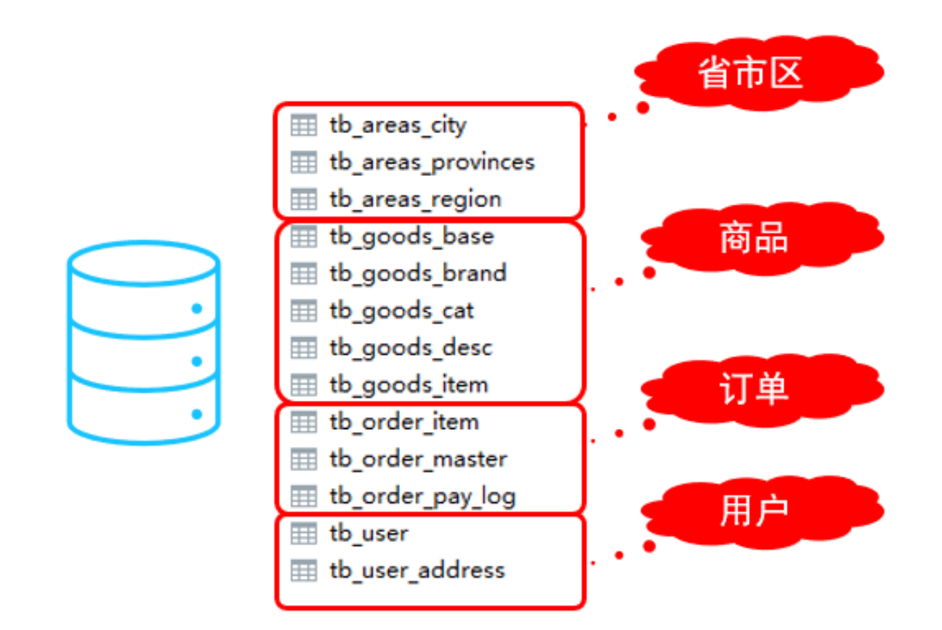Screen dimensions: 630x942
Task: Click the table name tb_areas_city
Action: (398, 126)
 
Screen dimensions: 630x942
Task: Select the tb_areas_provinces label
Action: (432, 163)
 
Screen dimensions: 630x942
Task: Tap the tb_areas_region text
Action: (415, 200)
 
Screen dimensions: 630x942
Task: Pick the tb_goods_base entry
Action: (411, 237)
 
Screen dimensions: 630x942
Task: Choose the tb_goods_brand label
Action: (418, 274)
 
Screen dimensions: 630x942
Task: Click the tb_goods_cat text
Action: (401, 311)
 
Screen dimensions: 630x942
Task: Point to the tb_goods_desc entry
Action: (410, 348)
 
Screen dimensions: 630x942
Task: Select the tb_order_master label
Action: (418, 460)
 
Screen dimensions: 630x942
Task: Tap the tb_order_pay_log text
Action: (422, 497)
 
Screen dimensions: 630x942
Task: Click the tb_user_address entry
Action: (417, 571)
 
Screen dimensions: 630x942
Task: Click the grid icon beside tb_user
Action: (303, 533)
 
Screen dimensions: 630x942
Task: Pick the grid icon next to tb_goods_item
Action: (303, 385)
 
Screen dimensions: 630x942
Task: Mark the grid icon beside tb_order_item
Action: (303, 422)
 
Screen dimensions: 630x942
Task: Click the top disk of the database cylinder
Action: (143, 264)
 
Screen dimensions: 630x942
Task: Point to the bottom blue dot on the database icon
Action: (197, 414)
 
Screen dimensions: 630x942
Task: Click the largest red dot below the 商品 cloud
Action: (649, 273)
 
